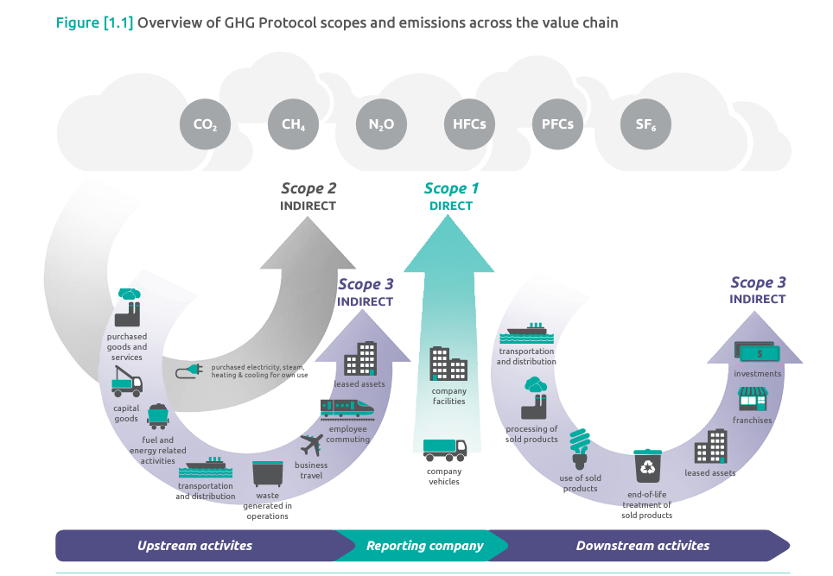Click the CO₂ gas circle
(x=206, y=124)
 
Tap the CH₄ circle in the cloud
(x=293, y=124)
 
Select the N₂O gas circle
(x=381, y=124)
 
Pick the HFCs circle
(x=469, y=124)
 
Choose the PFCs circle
(x=557, y=124)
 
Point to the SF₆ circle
(x=645, y=124)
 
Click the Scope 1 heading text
(x=451, y=189)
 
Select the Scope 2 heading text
(x=308, y=188)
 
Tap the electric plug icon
(x=189, y=371)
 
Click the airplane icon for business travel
(x=311, y=446)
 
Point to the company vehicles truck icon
(x=445, y=448)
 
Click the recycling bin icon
(x=646, y=466)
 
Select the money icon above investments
(x=757, y=353)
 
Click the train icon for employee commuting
(x=347, y=408)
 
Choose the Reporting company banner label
(x=425, y=546)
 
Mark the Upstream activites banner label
(x=195, y=546)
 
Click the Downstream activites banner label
(x=643, y=546)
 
